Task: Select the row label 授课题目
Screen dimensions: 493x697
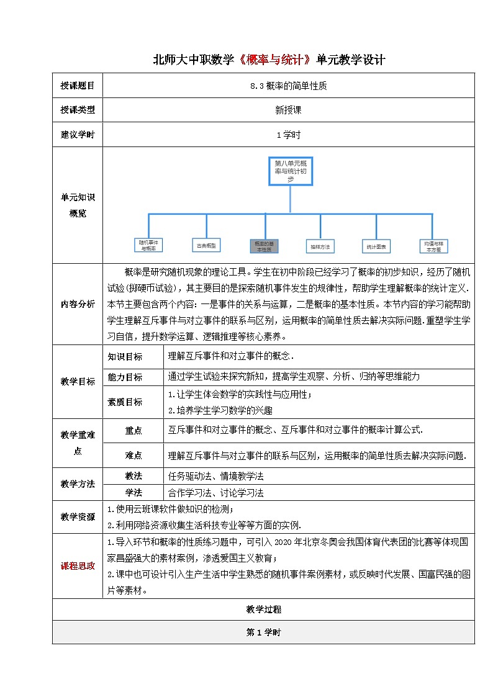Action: pos(78,86)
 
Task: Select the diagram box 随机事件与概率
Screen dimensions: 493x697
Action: pos(149,246)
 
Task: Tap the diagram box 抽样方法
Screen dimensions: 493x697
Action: pos(320,246)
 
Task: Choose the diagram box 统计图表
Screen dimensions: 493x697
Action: pos(376,246)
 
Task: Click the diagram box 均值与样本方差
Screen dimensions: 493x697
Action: pos(433,246)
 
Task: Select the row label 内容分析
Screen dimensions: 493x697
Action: pos(78,304)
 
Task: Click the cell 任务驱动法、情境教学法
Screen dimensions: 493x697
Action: pos(216,477)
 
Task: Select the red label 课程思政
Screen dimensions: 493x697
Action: pos(78,565)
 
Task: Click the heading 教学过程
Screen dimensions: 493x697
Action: pos(264,610)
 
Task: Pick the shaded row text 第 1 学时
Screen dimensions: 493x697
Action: pos(264,632)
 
